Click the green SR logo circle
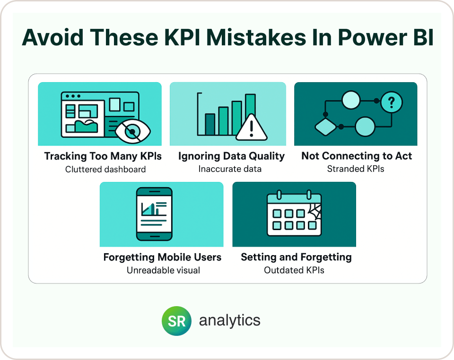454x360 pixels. point(176,321)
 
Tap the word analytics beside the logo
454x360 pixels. point(230,321)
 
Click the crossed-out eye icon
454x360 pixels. point(132,131)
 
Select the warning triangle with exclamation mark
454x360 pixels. point(251,128)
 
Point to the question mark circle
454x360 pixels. point(392,102)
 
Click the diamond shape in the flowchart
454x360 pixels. point(326,127)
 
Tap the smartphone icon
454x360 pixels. point(154,214)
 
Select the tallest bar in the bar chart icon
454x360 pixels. point(251,114)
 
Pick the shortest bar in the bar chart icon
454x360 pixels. point(210,124)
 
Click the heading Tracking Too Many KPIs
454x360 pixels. point(103,156)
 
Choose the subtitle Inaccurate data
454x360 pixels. point(230,169)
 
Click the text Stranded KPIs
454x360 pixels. point(356,169)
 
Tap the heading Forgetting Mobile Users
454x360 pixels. point(162,257)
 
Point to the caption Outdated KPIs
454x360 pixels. point(294,270)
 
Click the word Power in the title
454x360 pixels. point(372,38)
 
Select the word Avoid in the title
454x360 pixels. point(52,37)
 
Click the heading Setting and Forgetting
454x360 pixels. point(296,257)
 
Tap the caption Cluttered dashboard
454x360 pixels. point(105,169)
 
